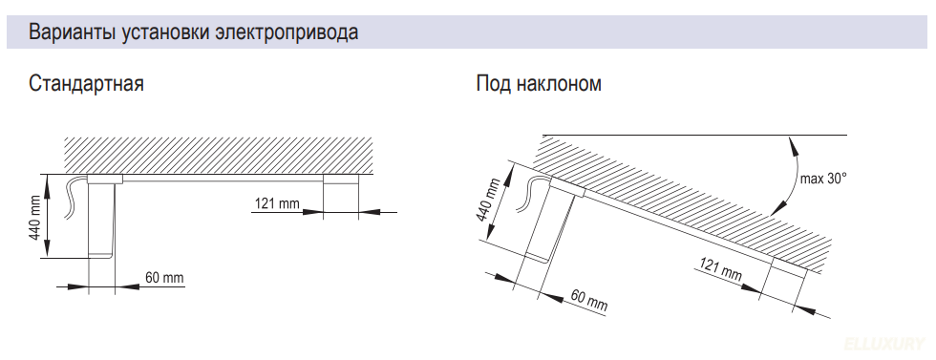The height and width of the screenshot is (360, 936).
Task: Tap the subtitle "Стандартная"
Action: tap(86, 84)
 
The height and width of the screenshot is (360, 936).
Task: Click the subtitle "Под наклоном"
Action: tap(539, 84)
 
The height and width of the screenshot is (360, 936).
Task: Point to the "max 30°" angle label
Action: tap(823, 178)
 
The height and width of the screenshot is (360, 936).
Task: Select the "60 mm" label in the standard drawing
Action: tap(163, 278)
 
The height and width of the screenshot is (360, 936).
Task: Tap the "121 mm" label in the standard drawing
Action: tap(277, 202)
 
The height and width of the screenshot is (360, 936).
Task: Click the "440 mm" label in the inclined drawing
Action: tap(486, 199)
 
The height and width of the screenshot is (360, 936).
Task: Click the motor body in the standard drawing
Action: tap(102, 218)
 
